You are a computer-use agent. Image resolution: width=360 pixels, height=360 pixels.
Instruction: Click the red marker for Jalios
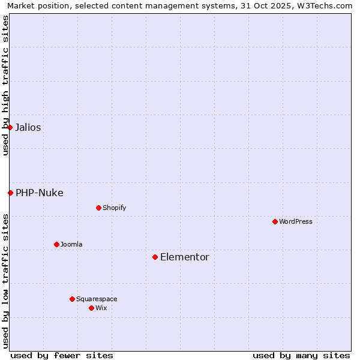coord(10,127)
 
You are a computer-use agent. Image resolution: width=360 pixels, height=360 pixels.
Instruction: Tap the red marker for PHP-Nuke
coord(10,193)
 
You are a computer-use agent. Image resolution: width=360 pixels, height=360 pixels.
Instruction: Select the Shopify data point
coord(98,208)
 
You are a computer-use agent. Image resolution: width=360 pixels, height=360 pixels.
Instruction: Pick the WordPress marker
coord(275,221)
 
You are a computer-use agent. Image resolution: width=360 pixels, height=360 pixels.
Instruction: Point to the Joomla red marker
coord(56,244)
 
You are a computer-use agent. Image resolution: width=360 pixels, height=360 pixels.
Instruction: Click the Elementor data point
coord(155,257)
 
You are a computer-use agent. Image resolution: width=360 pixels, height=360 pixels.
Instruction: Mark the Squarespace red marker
coord(72,299)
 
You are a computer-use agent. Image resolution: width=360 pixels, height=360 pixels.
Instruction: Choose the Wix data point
coord(91,308)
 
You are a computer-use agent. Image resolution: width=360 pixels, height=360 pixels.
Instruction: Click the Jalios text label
coord(28,127)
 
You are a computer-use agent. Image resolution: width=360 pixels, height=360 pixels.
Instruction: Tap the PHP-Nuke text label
coord(40,193)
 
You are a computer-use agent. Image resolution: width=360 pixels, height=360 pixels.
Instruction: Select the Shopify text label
coord(114,208)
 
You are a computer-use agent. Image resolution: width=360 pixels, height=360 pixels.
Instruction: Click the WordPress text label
coord(296,221)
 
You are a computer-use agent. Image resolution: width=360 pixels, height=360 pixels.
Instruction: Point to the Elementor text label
coord(185,257)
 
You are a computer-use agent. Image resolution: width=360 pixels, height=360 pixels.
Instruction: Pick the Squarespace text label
coord(97,299)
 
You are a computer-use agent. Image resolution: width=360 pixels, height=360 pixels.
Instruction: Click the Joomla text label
coord(71,244)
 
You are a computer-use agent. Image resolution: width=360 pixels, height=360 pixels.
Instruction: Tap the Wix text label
coord(101,308)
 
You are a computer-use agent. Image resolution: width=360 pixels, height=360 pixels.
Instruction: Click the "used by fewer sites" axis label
coord(62,355)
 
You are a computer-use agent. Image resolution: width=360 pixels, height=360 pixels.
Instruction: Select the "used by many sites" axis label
coord(301,355)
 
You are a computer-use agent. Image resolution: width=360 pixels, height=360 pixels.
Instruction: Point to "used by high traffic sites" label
coord(5,85)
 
